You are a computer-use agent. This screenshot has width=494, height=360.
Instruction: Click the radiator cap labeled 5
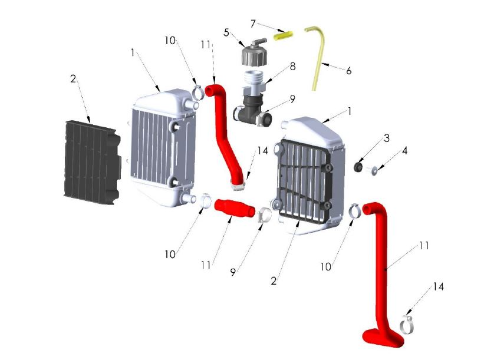click(x=253, y=54)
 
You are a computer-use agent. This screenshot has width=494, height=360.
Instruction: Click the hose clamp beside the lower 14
click(x=407, y=324)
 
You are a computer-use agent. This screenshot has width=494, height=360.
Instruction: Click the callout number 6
click(x=348, y=71)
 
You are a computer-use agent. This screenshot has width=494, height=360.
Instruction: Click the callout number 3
click(x=386, y=139)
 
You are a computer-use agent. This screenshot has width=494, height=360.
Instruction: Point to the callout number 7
click(x=253, y=24)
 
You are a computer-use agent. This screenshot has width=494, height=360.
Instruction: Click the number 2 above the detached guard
click(x=73, y=78)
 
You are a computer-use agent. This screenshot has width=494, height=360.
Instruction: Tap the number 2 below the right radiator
click(x=274, y=281)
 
